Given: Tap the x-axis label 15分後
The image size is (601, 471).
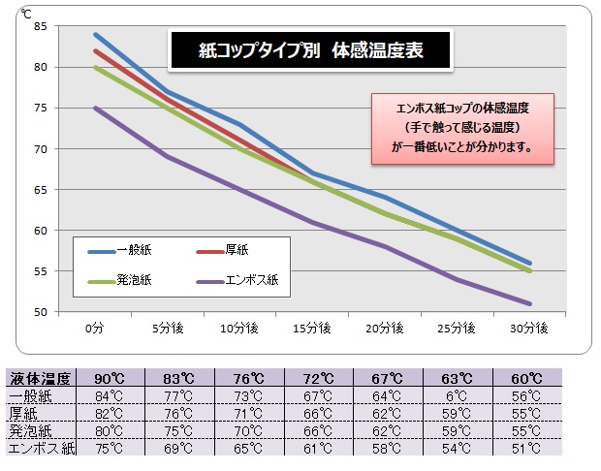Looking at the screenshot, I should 312,330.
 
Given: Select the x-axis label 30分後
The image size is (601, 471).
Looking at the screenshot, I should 529,330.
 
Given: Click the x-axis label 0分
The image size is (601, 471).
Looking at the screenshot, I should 94,330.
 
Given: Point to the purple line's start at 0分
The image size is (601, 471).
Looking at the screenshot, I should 94,108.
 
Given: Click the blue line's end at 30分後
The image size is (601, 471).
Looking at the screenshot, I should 529,263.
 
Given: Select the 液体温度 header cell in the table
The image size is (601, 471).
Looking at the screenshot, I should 41,378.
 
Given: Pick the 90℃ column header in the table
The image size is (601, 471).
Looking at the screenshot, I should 109,378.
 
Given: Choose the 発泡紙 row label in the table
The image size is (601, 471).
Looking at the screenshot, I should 33,429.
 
